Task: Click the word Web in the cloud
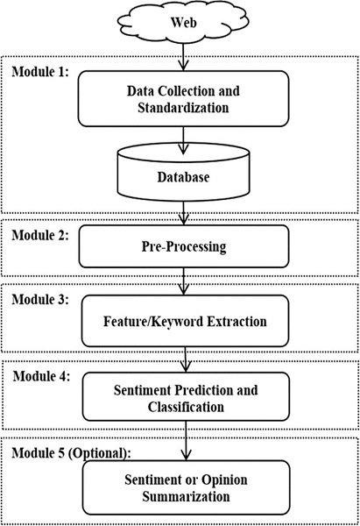pos(183,23)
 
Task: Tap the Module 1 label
pos(40,72)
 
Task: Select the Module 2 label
pos(40,235)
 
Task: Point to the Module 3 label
pos(40,299)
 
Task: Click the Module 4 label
pos(41,376)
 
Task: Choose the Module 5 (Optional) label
pos(72,453)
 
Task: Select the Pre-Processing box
pos(184,246)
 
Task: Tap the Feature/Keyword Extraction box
pos(185,321)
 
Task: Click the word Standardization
pos(183,108)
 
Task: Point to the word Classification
pos(186,407)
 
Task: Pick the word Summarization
pos(186,496)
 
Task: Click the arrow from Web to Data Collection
pos(183,57)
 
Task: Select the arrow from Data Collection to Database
pos(183,140)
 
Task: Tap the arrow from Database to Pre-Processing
pos(184,213)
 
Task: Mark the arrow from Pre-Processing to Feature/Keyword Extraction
pos(184,281)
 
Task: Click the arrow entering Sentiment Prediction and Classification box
pos(186,359)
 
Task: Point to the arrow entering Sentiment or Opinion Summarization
pos(186,440)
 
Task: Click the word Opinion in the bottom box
pos(225,480)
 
